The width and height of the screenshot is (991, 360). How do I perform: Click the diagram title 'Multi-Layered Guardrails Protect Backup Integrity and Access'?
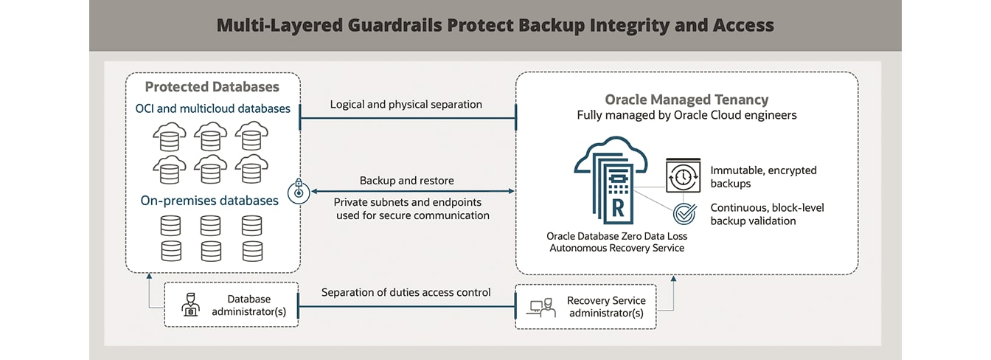pyautogui.click(x=495, y=26)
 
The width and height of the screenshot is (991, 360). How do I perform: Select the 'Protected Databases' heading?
pyautogui.click(x=212, y=87)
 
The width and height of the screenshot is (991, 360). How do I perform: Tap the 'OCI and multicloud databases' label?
pyautogui.click(x=212, y=109)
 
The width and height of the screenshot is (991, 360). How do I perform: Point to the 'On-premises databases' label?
pyautogui.click(x=209, y=201)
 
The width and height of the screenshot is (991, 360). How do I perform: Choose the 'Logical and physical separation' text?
pyautogui.click(x=406, y=105)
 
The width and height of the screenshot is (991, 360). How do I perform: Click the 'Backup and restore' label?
pyautogui.click(x=406, y=181)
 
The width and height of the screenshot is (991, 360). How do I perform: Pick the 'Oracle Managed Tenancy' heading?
pyautogui.click(x=686, y=100)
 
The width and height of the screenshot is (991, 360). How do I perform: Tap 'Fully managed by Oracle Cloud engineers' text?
pyautogui.click(x=686, y=116)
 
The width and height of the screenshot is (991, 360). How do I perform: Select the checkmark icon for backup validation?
pyautogui.click(x=685, y=215)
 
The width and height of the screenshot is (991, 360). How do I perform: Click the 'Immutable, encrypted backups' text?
pyautogui.click(x=763, y=176)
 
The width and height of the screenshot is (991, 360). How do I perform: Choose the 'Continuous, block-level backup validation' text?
pyautogui.click(x=767, y=214)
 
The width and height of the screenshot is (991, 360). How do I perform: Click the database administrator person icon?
pyautogui.click(x=190, y=305)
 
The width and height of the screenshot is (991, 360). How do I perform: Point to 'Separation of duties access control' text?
pyautogui.click(x=406, y=293)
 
